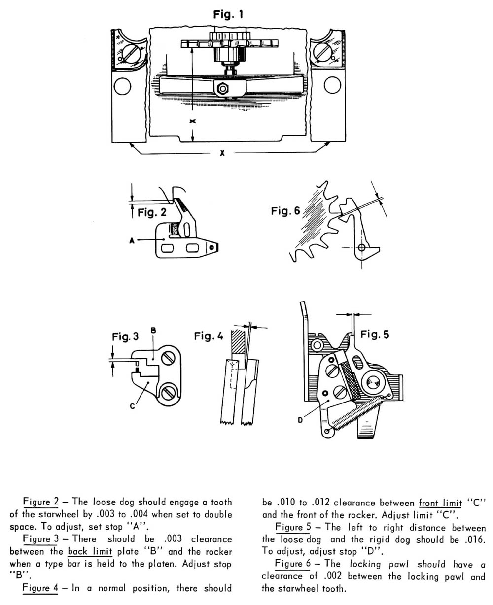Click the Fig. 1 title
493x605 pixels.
point(228,15)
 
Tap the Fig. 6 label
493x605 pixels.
point(285,211)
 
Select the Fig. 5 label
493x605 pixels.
point(375,334)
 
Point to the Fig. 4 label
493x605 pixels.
point(209,336)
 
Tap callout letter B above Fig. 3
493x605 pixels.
point(153,333)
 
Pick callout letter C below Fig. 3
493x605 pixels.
point(133,406)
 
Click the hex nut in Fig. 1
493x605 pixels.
point(222,89)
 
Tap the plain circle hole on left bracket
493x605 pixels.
point(121,87)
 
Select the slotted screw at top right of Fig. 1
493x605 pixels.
point(323,51)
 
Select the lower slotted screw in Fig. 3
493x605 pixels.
point(168,392)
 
